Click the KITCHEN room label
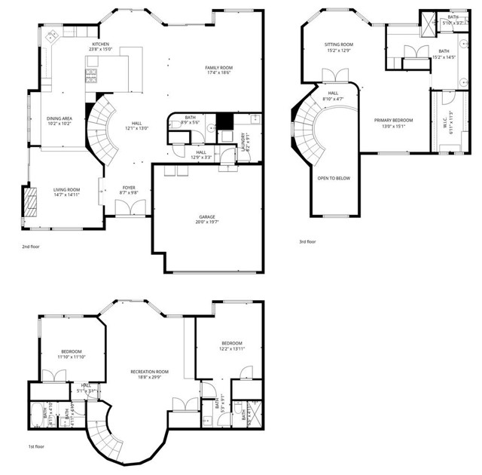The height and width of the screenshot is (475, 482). coord(102,44)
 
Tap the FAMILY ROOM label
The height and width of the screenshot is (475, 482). coord(218,68)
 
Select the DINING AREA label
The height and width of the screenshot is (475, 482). coord(59,118)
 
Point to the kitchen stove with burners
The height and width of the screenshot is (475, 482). coord(93,75)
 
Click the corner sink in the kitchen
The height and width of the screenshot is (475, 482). coord(52,37)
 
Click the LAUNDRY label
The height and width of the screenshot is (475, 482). coord(243,141)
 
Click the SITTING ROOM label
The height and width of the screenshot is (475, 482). coord(338,44)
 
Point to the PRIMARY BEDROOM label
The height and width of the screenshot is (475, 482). coord(395,120)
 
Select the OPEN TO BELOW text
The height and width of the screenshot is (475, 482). coord(332,178)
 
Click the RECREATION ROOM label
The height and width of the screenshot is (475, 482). coord(149,371)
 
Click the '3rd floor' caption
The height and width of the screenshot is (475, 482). coord(307,242)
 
